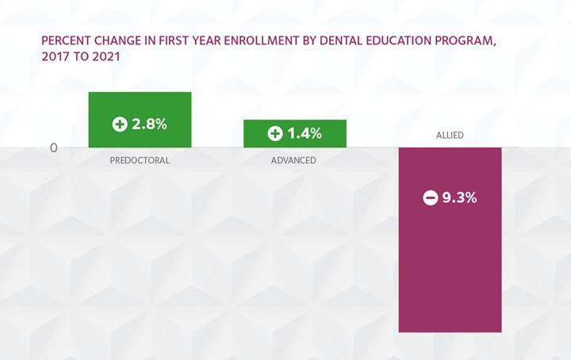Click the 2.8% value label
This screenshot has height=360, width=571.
(x=149, y=124)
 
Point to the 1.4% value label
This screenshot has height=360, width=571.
(x=304, y=134)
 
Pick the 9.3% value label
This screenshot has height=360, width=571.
(x=459, y=198)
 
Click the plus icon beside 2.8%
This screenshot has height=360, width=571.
(x=120, y=124)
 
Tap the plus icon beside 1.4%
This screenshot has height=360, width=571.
(x=274, y=134)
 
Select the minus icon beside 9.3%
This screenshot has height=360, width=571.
(x=430, y=198)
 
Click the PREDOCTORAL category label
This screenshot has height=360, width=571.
(x=140, y=160)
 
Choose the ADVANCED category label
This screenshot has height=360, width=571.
(x=293, y=160)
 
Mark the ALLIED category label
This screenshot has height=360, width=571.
(x=450, y=136)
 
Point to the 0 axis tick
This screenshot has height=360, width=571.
(x=53, y=147)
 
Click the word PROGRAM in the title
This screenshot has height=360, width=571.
(x=463, y=41)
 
